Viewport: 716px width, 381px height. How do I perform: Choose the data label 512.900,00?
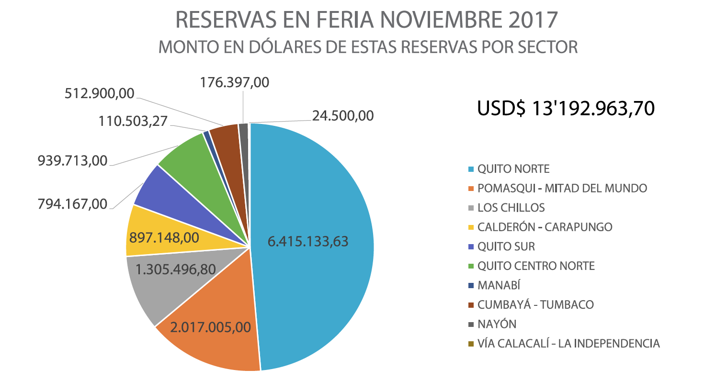(x=100, y=93)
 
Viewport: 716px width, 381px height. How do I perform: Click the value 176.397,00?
(x=234, y=82)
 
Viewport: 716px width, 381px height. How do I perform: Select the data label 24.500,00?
(x=343, y=116)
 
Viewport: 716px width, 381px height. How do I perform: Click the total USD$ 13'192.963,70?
(x=566, y=109)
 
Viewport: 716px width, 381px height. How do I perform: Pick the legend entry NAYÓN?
(x=497, y=324)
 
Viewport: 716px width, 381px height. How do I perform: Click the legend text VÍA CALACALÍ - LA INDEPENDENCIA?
(x=568, y=343)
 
